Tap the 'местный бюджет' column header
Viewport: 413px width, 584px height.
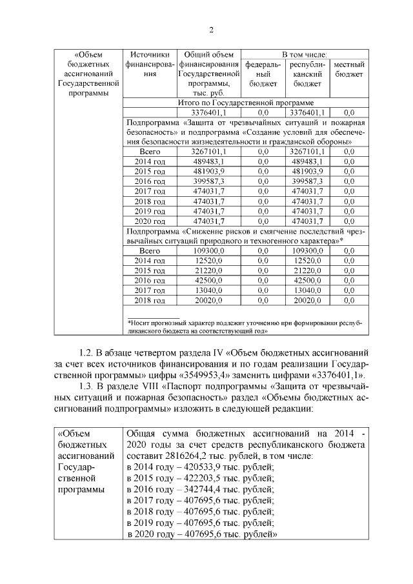[x=349, y=69]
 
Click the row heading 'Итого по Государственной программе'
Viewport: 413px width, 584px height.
[x=245, y=102]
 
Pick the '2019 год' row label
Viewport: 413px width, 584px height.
[x=149, y=211]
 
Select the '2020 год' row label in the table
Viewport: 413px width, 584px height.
[x=149, y=221]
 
